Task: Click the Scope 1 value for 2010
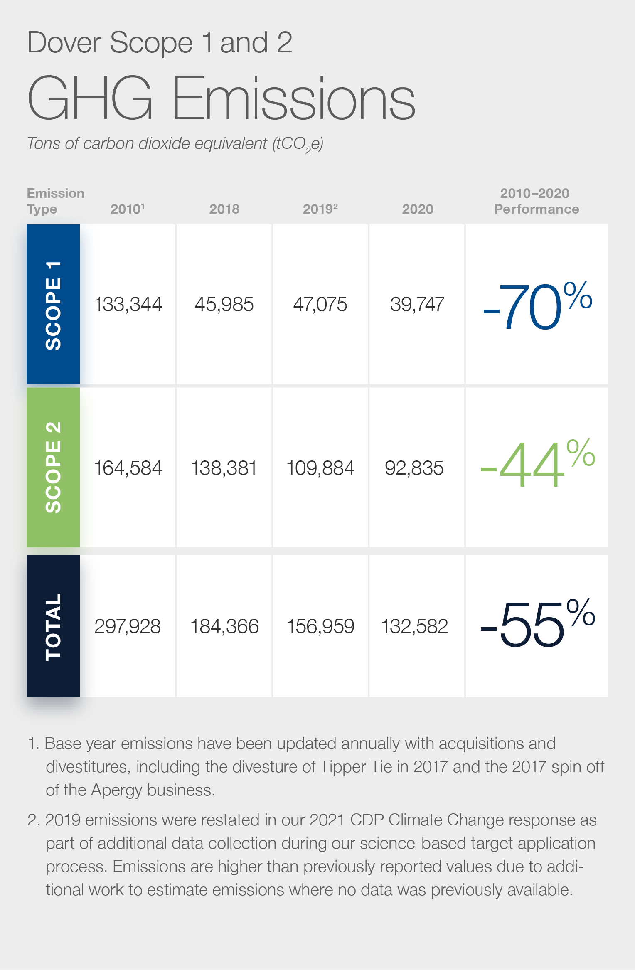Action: (x=128, y=304)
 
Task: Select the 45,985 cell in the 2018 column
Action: (x=224, y=304)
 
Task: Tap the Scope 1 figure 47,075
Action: (x=320, y=304)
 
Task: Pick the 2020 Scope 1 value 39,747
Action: (x=417, y=304)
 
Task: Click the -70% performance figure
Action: (x=537, y=306)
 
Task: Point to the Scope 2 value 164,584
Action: (x=128, y=468)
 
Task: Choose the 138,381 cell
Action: (x=224, y=468)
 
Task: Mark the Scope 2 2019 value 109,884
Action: (x=320, y=468)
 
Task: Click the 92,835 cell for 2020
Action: (x=414, y=468)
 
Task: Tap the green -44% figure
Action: (x=537, y=463)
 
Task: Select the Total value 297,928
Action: (x=128, y=626)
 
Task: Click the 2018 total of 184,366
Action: (x=224, y=626)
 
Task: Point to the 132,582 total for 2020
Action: (x=414, y=626)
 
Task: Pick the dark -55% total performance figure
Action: (x=537, y=623)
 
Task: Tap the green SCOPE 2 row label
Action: (x=53, y=467)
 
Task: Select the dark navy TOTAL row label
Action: (x=53, y=626)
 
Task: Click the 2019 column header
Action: (x=320, y=209)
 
